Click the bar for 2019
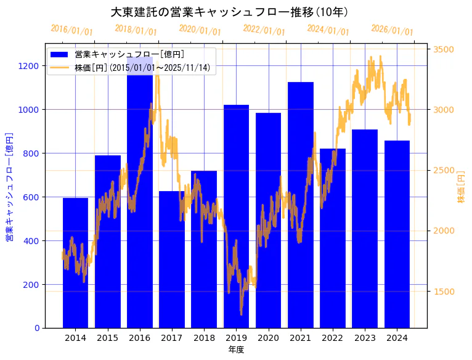[236, 216]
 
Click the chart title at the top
[229, 12]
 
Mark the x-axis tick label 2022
[333, 338]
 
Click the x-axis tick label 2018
[204, 338]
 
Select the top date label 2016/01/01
[71, 30]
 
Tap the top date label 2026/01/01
[392, 30]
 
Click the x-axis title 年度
[236, 350]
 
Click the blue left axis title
[9, 187]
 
